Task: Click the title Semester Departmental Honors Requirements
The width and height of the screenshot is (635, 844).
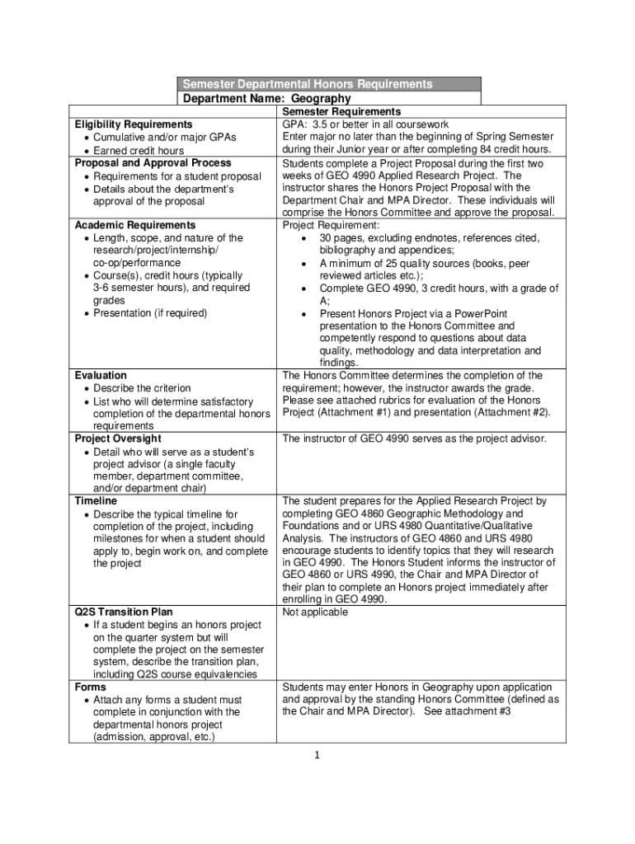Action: [307, 84]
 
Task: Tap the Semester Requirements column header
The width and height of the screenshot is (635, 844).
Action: [341, 111]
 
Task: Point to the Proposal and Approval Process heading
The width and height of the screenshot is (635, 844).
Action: [153, 162]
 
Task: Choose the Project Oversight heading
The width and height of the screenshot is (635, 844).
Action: [118, 438]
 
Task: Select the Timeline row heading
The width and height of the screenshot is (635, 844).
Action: [96, 501]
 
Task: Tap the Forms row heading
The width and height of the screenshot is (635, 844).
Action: [91, 687]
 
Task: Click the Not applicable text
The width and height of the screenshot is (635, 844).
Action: [315, 612]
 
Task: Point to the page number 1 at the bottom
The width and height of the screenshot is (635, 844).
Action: [317, 756]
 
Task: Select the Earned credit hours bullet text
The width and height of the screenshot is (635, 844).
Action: [139, 151]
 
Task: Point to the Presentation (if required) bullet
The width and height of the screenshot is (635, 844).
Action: [150, 313]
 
